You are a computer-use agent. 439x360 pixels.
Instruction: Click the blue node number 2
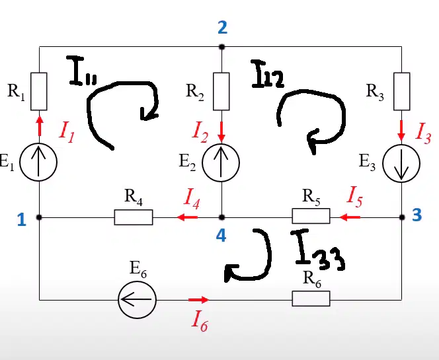(223, 28)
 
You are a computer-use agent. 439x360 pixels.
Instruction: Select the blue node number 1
(22, 220)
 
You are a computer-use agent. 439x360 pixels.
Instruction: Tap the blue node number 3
(417, 215)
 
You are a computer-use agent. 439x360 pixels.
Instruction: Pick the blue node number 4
(221, 236)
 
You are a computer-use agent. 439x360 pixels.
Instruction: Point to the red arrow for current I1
(40, 126)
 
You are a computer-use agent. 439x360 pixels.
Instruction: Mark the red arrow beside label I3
(402, 131)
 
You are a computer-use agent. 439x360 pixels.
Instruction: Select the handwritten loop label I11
(81, 71)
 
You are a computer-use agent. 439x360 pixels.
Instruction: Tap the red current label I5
(355, 197)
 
